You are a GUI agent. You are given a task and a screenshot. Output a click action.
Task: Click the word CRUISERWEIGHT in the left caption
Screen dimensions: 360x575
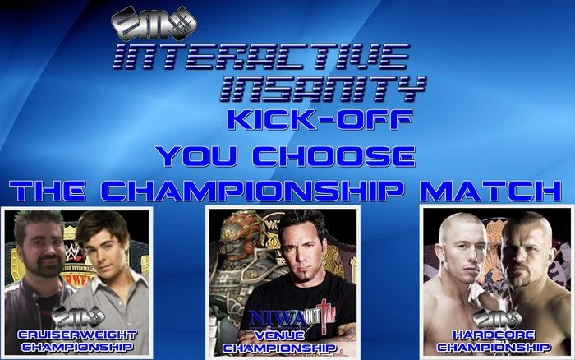point(77,334)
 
